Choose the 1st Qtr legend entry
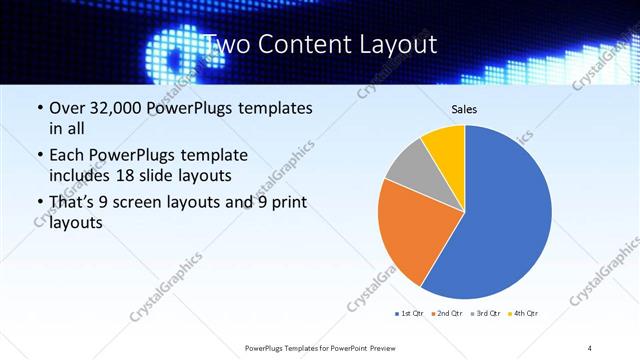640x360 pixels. (x=410, y=314)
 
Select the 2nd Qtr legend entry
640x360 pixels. (x=447, y=314)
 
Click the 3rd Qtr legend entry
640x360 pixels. (x=484, y=314)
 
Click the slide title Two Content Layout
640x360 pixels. (x=319, y=45)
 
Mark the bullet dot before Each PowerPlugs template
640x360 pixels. (x=39, y=156)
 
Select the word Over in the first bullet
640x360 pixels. (x=68, y=108)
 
